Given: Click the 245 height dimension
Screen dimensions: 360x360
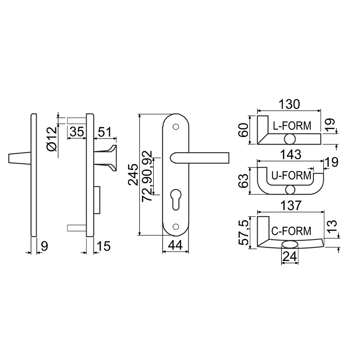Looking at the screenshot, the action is [133, 175].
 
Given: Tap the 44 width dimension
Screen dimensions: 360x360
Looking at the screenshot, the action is [175, 245].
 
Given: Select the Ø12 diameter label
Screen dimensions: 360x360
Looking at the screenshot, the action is [52, 139].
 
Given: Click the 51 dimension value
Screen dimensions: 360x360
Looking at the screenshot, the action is [104, 132].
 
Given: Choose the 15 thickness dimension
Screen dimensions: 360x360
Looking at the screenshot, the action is [104, 246].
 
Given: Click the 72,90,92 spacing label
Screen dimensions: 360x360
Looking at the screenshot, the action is [147, 176].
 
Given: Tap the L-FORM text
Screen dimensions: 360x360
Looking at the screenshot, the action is [292, 126].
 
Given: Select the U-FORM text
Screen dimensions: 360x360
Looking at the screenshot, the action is [291, 176].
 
